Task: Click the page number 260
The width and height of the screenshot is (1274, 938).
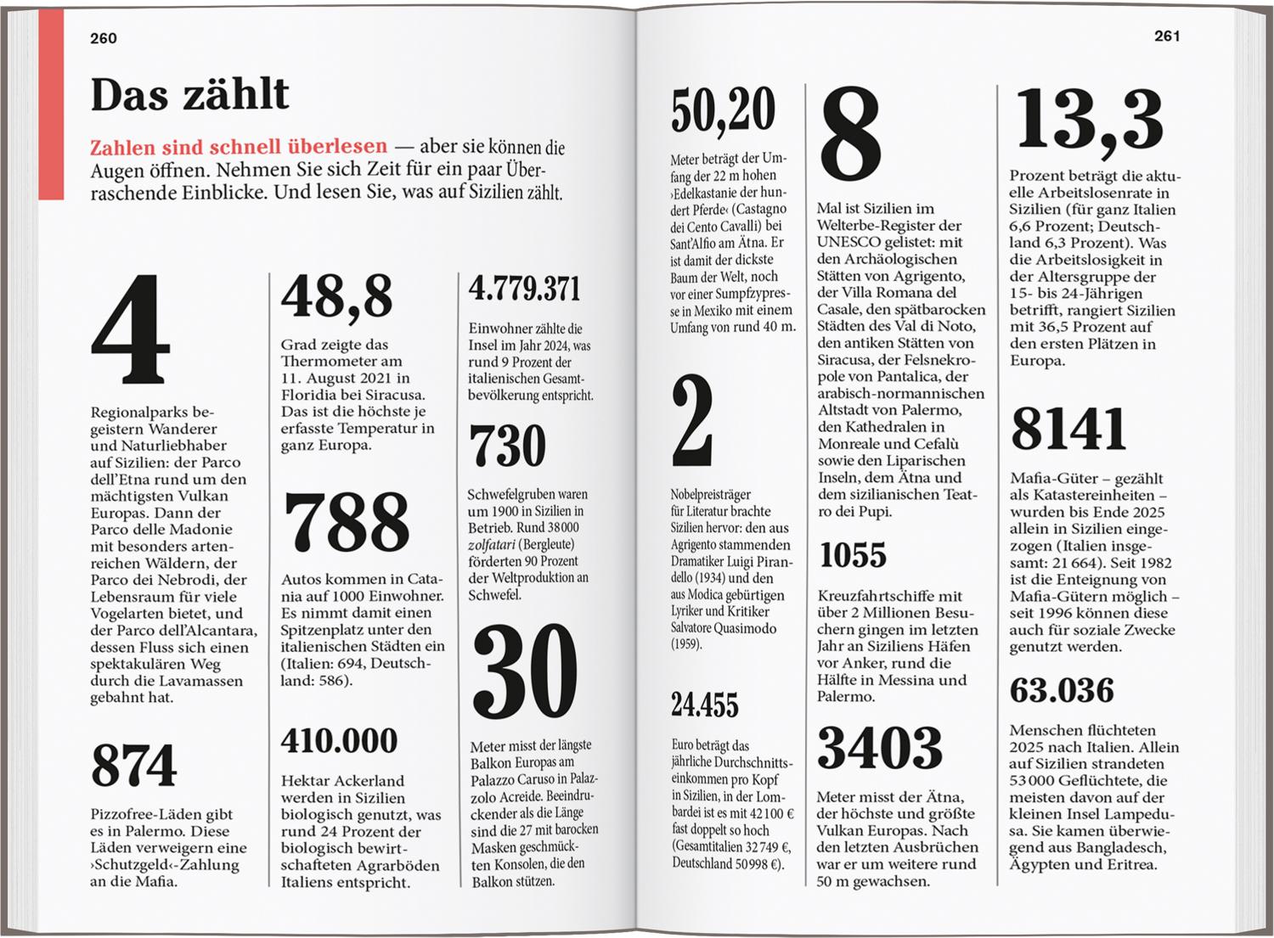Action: pyautogui.click(x=104, y=38)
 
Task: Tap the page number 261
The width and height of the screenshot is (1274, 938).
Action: pyautogui.click(x=1167, y=36)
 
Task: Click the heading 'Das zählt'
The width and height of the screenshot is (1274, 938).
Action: pyautogui.click(x=189, y=94)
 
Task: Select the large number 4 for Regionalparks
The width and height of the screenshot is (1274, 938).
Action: pyautogui.click(x=132, y=329)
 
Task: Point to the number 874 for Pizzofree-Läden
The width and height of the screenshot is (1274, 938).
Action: pyautogui.click(x=133, y=766)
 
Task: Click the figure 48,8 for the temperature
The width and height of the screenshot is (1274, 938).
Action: pyautogui.click(x=336, y=297)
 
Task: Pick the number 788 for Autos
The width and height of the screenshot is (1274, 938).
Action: pyautogui.click(x=347, y=521)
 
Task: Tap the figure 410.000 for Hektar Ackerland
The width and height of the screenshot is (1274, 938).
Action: pyautogui.click(x=339, y=741)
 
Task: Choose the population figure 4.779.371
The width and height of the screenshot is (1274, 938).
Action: pyautogui.click(x=524, y=289)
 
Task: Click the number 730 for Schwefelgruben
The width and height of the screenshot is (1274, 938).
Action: pyautogui.click(x=508, y=446)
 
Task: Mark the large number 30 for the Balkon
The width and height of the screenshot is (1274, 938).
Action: pyautogui.click(x=525, y=672)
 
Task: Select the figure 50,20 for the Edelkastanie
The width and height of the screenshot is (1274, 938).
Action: pyautogui.click(x=723, y=110)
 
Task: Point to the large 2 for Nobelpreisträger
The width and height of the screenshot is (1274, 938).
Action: pyautogui.click(x=692, y=422)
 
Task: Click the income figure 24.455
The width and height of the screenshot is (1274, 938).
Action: pyautogui.click(x=705, y=705)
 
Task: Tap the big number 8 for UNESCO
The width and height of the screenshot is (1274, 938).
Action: pyautogui.click(x=852, y=136)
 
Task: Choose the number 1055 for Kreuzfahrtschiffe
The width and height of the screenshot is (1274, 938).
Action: pyautogui.click(x=853, y=555)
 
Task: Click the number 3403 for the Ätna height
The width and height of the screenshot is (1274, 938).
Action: pyautogui.click(x=880, y=748)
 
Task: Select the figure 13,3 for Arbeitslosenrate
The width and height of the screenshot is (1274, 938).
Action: pyautogui.click(x=1089, y=121)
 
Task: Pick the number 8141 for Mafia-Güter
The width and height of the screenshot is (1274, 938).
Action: pyautogui.click(x=1068, y=430)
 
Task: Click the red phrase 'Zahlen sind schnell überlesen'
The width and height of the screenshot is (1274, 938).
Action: pyautogui.click(x=239, y=147)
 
